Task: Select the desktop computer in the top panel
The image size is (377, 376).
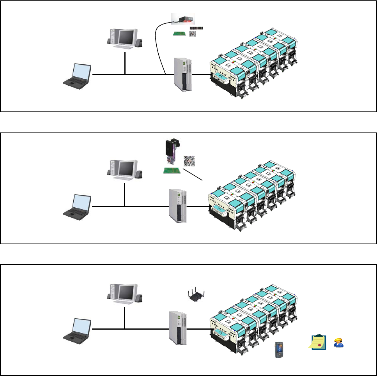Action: click(x=124, y=39)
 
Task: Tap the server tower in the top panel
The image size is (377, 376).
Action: click(x=183, y=75)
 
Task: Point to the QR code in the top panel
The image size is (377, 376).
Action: click(x=193, y=34)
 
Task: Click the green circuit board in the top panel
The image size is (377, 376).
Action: click(x=179, y=34)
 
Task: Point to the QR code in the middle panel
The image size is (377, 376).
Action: click(x=189, y=161)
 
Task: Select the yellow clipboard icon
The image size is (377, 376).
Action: click(x=317, y=341)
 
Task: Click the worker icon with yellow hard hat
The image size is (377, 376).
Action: click(x=337, y=342)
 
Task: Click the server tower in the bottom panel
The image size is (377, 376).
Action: click(x=177, y=327)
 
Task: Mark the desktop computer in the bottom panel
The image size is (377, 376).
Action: click(x=124, y=293)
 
